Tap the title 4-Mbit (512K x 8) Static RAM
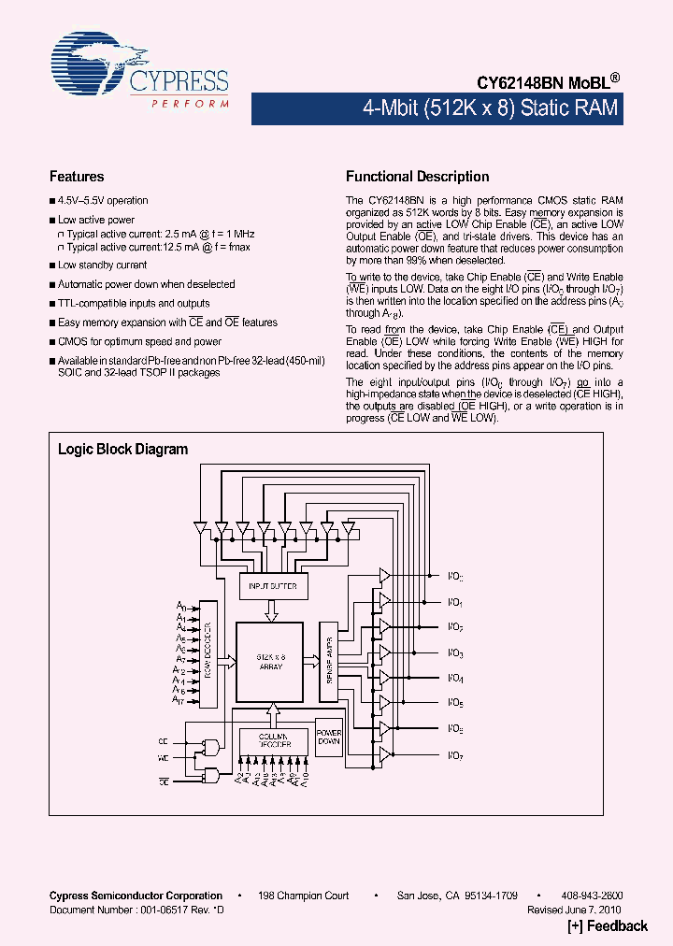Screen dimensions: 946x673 point(490,107)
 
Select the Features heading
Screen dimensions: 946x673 point(77,177)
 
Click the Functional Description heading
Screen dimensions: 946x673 point(417,177)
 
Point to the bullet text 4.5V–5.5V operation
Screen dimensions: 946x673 point(103,201)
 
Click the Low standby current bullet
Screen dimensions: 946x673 point(102,265)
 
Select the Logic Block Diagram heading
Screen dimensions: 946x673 point(122,450)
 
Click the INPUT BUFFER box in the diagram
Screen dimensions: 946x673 point(273,586)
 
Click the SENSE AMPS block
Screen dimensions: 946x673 point(329,662)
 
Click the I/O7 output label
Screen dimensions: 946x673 point(455,754)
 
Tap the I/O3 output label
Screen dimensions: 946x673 point(455,653)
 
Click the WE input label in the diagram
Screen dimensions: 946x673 point(164,757)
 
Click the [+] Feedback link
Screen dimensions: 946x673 point(608,926)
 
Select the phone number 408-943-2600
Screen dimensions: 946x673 point(593,896)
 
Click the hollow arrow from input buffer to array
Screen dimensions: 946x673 point(272,610)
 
